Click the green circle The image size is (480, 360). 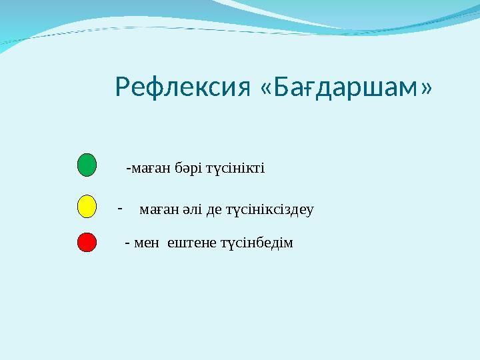[87, 165]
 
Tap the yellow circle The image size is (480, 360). [87, 207]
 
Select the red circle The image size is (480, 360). [87, 242]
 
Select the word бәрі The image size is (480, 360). [188, 168]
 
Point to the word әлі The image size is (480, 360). [193, 210]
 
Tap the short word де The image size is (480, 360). [214, 210]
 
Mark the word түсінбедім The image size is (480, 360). [257, 243]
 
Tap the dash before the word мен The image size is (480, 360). [127, 243]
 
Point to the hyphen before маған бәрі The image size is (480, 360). [128, 168]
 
